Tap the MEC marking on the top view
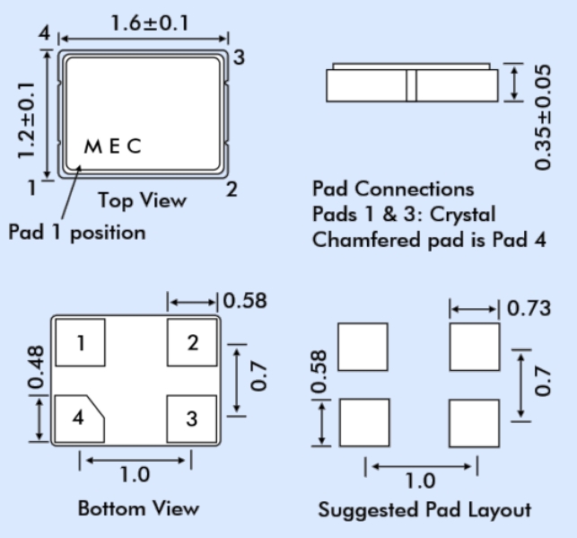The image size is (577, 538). point(113,147)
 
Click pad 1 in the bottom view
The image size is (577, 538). point(81,343)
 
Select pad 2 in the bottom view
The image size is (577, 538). point(193,343)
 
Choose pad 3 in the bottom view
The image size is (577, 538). point(193,419)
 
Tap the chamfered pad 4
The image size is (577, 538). point(79,419)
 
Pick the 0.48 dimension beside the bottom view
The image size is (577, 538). point(35,370)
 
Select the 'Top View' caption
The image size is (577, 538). point(143,199)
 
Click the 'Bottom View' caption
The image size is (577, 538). point(138,508)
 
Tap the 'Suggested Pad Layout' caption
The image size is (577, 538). point(424,510)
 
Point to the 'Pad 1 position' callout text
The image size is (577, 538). point(77,233)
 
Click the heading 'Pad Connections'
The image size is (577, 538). point(393,190)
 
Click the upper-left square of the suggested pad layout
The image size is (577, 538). point(363,347)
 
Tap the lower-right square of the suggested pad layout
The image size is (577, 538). point(474,423)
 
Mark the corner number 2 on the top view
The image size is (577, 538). point(232,190)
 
